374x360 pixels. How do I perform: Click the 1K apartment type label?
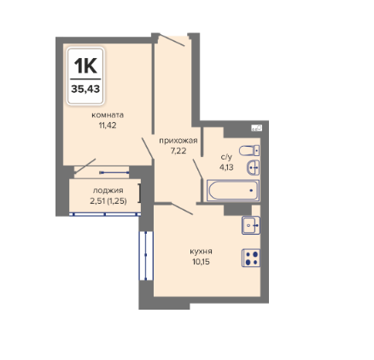click(x=85, y=66)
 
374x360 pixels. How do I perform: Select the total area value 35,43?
click(x=85, y=89)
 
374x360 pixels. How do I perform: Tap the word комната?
click(x=108, y=115)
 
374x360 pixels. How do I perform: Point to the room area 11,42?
click(x=108, y=125)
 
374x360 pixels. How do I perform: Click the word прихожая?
click(x=178, y=141)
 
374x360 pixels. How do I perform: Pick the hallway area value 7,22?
click(x=178, y=151)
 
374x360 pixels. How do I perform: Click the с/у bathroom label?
click(x=226, y=157)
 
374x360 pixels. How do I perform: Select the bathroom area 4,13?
click(x=226, y=167)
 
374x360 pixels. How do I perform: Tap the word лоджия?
click(x=108, y=190)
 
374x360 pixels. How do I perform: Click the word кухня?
click(x=201, y=252)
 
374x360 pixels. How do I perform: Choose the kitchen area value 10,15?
click(x=201, y=262)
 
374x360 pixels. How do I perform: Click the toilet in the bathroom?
click(x=249, y=150)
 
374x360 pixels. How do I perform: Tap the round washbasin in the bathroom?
click(x=253, y=167)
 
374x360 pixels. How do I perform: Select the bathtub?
click(x=233, y=190)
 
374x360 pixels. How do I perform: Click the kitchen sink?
click(x=251, y=225)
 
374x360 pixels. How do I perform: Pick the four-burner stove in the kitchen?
click(x=251, y=258)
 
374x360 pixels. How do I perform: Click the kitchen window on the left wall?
click(x=146, y=255)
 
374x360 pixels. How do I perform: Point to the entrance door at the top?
click(x=172, y=40)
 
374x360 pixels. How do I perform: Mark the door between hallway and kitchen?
click(x=182, y=209)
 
